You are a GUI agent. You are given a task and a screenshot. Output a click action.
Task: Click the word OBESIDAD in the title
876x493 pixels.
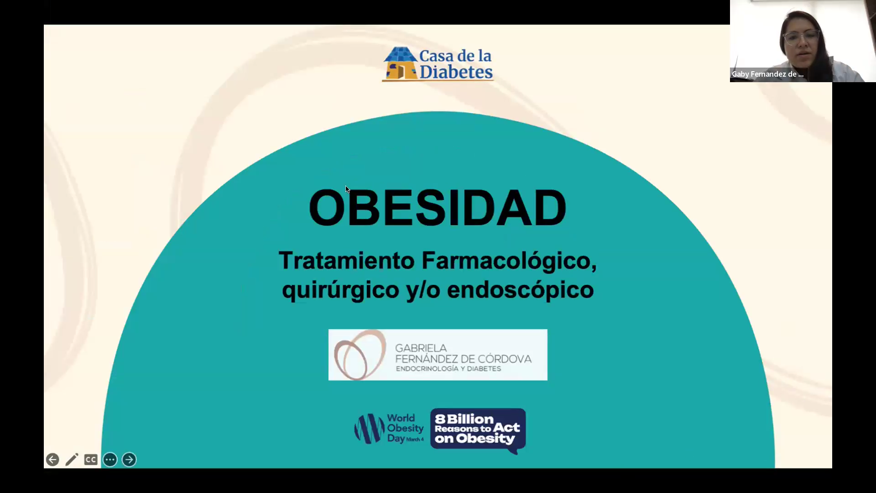coord(438,208)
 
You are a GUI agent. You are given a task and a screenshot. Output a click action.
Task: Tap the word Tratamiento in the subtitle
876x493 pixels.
coord(347,261)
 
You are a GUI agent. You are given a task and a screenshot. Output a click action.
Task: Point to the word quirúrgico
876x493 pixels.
coord(340,290)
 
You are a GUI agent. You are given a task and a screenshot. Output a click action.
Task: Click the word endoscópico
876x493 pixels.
coord(520,290)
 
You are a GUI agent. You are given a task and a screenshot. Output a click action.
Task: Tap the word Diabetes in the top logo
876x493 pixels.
coord(456,72)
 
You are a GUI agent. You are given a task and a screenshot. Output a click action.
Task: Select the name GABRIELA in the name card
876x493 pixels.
coord(421,348)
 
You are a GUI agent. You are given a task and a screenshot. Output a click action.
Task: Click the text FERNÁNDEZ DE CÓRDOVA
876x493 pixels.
coord(463,359)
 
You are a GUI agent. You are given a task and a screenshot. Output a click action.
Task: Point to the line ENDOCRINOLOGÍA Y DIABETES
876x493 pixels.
coord(448,369)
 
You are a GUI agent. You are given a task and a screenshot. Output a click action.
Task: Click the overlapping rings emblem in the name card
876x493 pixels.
coord(360,355)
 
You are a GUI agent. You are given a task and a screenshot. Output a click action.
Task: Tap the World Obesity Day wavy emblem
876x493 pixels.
coord(370,428)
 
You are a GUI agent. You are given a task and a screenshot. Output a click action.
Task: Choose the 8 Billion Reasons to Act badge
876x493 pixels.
coord(478,430)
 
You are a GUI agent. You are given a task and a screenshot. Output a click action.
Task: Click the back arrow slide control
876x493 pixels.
coord(52,459)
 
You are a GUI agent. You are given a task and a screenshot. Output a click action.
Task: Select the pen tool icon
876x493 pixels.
coord(72,459)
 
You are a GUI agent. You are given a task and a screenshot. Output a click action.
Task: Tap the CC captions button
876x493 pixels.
coord(91,460)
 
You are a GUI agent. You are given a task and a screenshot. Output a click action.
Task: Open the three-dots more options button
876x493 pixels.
coord(110,459)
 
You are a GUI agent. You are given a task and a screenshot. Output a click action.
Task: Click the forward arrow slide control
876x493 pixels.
coord(129,459)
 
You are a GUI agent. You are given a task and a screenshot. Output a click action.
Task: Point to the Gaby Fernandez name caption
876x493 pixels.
coord(767,74)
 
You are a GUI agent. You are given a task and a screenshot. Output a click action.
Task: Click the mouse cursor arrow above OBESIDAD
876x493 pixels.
coord(348,189)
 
